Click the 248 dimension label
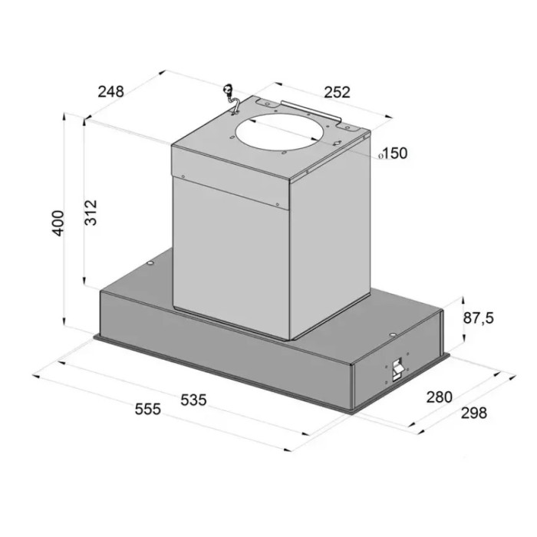pyautogui.click(x=110, y=92)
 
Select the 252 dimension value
pyautogui.click(x=338, y=93)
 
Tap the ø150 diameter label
pyautogui.click(x=393, y=153)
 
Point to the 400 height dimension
pyautogui.click(x=58, y=223)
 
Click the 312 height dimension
pyautogui.click(x=91, y=212)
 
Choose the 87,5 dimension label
pyautogui.click(x=479, y=318)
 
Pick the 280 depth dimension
pyautogui.click(x=440, y=397)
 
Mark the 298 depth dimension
pyautogui.click(x=473, y=413)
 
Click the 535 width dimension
pyautogui.click(x=193, y=400)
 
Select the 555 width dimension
pyautogui.click(x=147, y=409)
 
